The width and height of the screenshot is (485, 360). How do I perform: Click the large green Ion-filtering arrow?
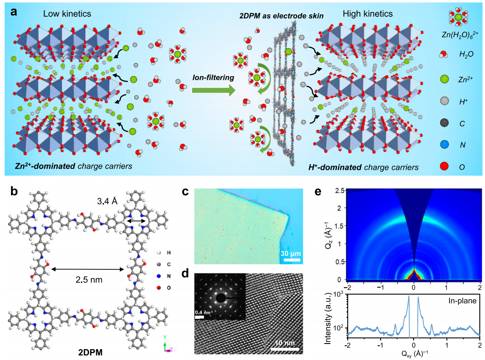tap(213, 91)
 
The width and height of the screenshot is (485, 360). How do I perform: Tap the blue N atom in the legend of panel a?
tap(444, 145)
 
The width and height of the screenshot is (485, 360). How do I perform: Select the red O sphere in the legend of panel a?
tap(444, 166)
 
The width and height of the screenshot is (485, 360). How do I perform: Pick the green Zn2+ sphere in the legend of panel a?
tap(444, 79)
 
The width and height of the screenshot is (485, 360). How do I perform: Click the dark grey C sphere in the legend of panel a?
tap(444, 123)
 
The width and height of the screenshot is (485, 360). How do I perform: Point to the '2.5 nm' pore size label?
tap(89, 280)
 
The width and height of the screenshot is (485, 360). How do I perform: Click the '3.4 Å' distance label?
tap(107, 201)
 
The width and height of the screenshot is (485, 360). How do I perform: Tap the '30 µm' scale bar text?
tap(291, 253)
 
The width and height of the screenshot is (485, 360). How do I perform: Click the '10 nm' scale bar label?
tap(285, 343)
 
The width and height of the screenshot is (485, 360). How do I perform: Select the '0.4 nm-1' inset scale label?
tap(204, 313)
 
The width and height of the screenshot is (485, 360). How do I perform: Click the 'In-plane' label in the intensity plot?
tap(462, 301)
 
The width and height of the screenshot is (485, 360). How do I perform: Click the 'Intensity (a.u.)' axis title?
tap(328, 321)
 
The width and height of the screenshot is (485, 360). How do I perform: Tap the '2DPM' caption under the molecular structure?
tap(91, 352)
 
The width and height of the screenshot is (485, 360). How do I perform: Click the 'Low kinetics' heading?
tap(67, 13)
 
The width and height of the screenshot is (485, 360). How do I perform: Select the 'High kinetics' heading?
tap(368, 13)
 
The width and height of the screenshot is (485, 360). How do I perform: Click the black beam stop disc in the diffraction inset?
tap(221, 298)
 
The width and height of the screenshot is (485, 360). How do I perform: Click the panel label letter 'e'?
tap(318, 191)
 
